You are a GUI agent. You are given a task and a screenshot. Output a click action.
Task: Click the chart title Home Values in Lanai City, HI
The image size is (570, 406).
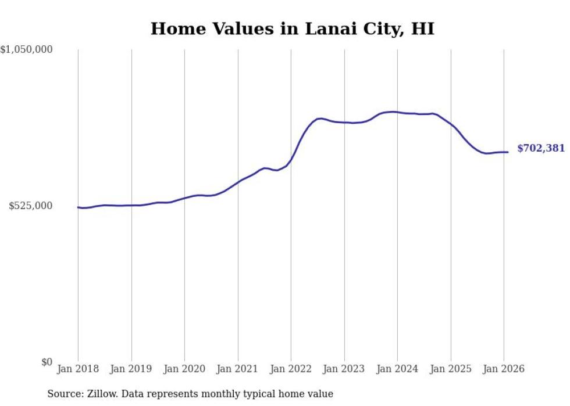tap(292, 28)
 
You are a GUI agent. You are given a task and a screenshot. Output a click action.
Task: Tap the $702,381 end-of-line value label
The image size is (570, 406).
tap(540, 148)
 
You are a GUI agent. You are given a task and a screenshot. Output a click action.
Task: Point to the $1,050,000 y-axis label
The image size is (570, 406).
tap(27, 50)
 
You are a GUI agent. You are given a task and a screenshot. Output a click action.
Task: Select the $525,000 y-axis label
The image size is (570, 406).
tap(30, 206)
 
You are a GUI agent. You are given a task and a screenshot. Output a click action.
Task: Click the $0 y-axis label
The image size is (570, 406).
tap(47, 362)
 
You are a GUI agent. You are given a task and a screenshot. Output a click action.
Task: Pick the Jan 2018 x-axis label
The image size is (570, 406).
tap(78, 369)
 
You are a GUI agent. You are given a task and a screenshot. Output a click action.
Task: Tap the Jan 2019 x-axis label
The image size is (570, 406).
tap(131, 369)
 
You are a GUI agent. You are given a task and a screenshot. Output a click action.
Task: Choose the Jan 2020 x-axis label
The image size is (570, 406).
tap(184, 369)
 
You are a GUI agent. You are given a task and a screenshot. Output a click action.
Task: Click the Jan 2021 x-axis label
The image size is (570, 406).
tap(238, 369)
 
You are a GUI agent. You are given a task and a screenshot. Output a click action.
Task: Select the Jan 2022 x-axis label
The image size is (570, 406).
tap(291, 369)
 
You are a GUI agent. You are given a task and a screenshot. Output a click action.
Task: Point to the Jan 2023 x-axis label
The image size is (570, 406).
tap(344, 369)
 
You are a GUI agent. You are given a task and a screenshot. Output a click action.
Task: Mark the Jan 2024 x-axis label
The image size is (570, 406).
tap(397, 369)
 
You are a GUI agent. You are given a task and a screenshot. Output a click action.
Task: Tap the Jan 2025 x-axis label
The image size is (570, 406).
tap(451, 369)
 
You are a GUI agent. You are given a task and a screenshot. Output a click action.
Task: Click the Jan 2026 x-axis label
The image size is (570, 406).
tap(504, 369)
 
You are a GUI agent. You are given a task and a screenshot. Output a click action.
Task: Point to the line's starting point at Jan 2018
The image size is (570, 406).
tap(78, 207)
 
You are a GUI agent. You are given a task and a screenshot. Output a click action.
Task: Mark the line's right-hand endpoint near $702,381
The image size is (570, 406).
tap(508, 152)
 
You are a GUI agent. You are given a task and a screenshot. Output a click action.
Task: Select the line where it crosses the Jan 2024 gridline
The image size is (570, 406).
tap(397, 112)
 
